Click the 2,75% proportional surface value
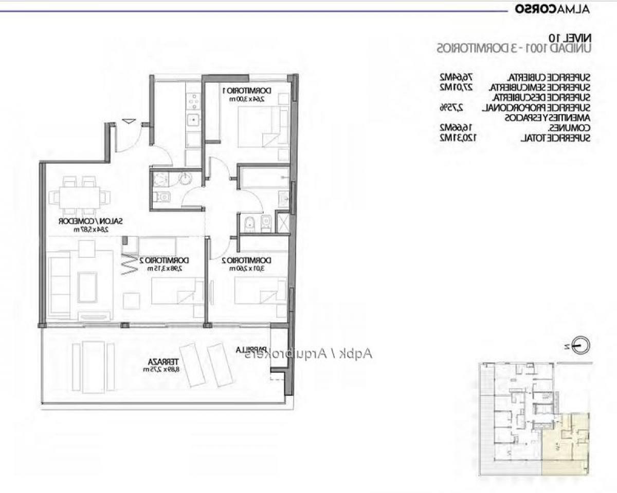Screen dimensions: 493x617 pyautogui.click(x=451, y=108)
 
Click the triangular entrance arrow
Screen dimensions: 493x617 pyautogui.click(x=129, y=121)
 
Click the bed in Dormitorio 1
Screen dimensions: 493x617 pyautogui.click(x=263, y=127)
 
